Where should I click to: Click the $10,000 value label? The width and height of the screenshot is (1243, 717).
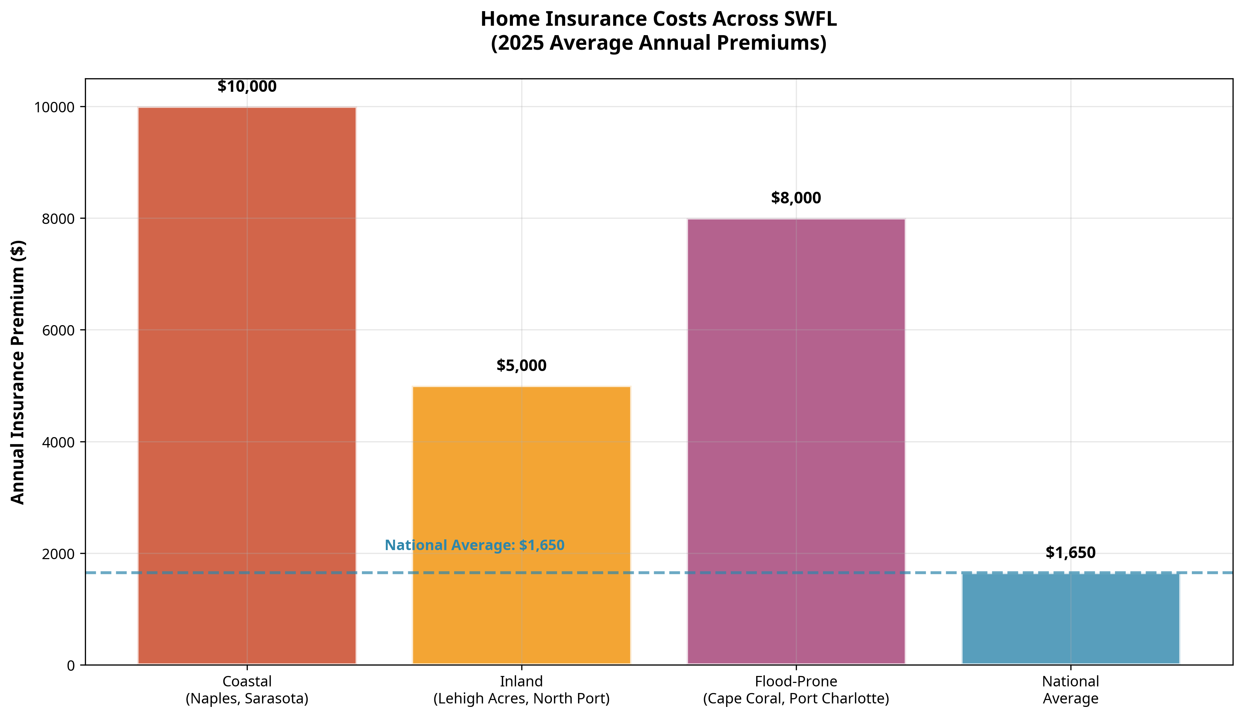247,87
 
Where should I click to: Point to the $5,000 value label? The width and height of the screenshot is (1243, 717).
521,365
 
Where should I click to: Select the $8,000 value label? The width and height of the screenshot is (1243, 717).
795,198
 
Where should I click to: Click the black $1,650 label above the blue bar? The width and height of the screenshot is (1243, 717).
1070,553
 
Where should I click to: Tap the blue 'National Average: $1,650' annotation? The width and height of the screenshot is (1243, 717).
474,545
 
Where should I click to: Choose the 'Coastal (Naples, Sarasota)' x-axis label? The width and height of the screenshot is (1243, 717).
247,690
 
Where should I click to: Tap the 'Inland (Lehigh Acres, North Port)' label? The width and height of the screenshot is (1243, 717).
521,690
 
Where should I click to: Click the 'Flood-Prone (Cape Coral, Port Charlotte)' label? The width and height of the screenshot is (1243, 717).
795,690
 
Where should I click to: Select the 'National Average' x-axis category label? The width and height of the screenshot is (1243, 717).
1070,690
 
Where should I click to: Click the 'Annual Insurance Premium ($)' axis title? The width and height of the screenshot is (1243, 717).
18,372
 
